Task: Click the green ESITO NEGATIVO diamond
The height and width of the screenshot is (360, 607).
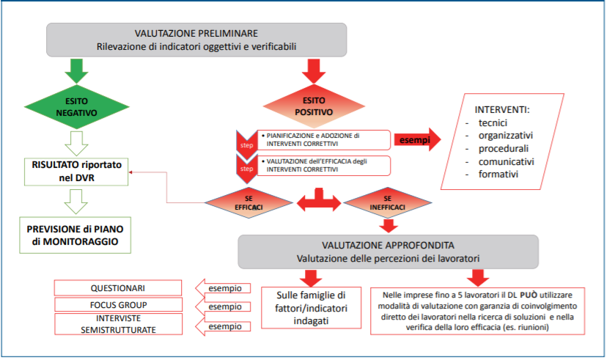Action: pyautogui.click(x=77, y=107)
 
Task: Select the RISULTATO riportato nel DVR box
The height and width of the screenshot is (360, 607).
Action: pyautogui.click(x=78, y=169)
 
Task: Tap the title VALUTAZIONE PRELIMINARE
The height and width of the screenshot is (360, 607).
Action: pyautogui.click(x=196, y=34)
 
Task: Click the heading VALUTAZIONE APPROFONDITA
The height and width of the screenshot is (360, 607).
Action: pyautogui.click(x=388, y=244)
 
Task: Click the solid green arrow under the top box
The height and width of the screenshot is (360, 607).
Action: pyautogui.click(x=76, y=67)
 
